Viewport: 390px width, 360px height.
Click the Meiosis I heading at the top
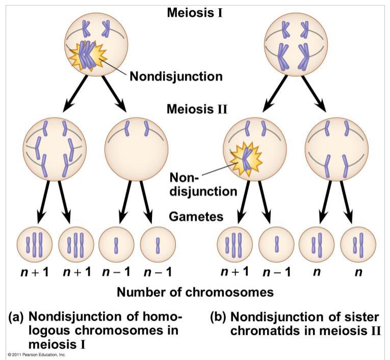tap(195, 12)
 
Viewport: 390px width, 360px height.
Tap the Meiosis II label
tap(195, 108)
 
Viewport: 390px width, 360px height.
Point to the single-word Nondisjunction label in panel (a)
tap(176, 77)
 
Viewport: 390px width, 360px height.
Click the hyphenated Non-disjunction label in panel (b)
tap(203, 184)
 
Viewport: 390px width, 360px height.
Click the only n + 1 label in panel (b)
tap(235, 271)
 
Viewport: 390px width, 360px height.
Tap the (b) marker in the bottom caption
tap(218, 317)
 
